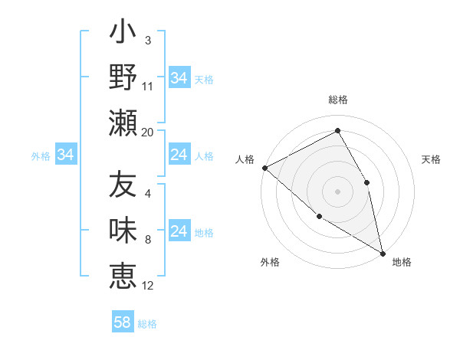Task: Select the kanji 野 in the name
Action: point(123,77)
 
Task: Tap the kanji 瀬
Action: point(123,123)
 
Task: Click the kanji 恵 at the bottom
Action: point(123,275)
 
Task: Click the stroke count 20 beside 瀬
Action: point(148,132)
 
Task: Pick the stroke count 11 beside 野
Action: point(148,86)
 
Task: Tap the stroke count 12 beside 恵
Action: point(148,286)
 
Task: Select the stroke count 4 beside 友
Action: point(148,194)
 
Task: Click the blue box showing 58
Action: point(122,322)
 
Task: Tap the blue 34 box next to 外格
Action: point(65,155)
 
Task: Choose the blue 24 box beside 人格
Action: point(179,155)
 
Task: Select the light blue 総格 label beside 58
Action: point(147,324)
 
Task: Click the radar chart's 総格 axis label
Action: point(337,100)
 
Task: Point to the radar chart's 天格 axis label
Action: point(431,159)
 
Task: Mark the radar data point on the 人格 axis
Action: point(264,168)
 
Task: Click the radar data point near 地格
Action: point(382,252)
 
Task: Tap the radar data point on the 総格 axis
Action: point(337,131)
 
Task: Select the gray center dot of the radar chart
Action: point(337,191)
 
